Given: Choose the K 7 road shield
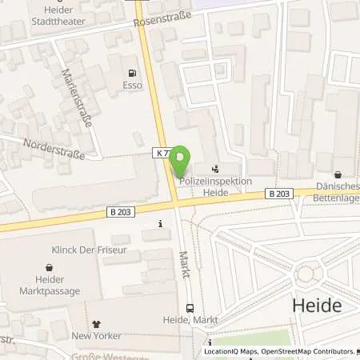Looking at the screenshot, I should (162, 152).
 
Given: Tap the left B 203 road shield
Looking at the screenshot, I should (118, 211).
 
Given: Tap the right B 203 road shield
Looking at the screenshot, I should (278, 193).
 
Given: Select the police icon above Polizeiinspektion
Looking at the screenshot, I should (214, 169).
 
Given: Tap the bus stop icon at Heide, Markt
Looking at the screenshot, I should (189, 307).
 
